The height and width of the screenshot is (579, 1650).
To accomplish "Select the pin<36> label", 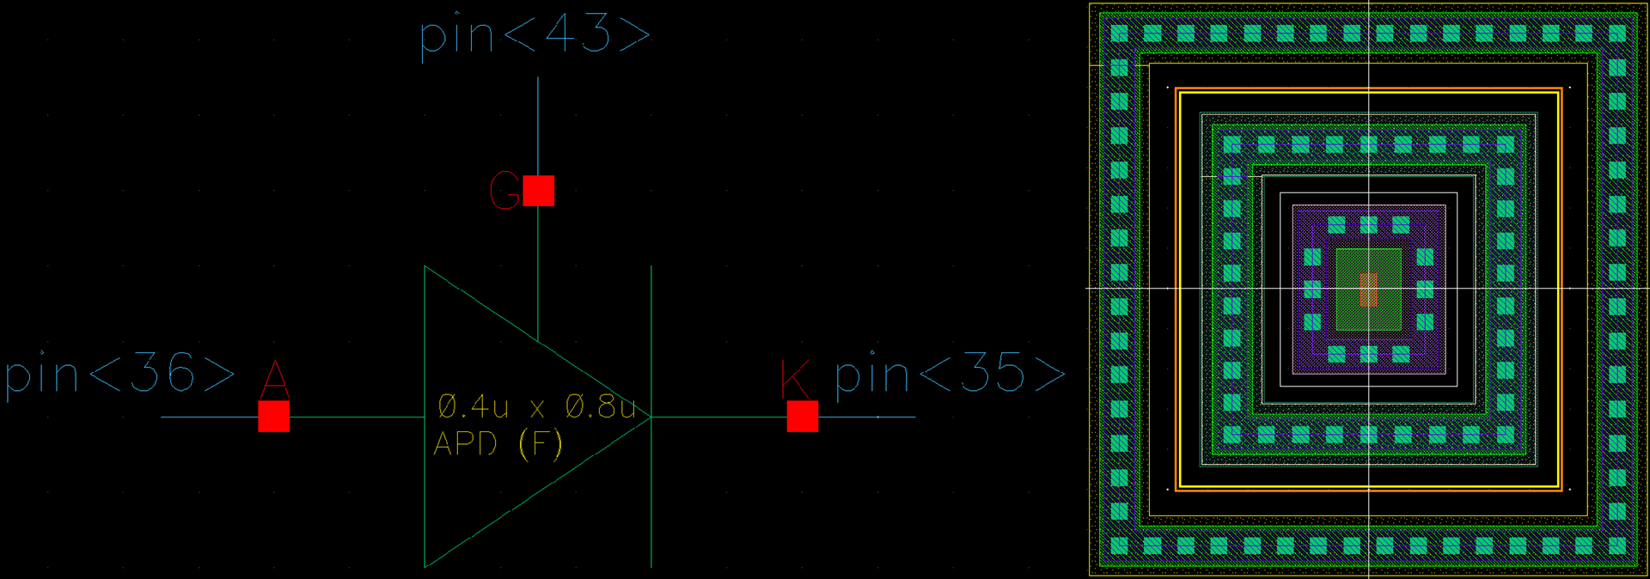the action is [119, 375].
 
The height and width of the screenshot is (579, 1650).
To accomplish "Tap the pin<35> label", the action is [950, 374].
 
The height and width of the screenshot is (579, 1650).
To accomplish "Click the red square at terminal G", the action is [539, 191].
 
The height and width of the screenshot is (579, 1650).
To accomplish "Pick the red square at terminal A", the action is [274, 417].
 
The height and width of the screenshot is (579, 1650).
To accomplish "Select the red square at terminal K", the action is [803, 417].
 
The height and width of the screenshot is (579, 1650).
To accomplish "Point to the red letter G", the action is [504, 191].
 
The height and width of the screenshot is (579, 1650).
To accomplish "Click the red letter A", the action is [274, 379].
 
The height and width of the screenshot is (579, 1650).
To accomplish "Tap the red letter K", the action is [795, 379].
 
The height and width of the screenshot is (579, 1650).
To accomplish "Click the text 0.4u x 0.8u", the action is [537, 405].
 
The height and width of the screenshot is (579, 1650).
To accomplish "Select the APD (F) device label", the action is [498, 444].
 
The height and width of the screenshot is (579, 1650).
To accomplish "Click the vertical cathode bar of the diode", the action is [651, 417].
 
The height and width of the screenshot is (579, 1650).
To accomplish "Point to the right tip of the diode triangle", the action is [651, 417].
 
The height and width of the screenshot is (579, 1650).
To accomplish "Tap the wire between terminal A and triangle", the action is [357, 417].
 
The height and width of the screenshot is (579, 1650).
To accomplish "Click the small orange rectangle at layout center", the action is [1369, 289].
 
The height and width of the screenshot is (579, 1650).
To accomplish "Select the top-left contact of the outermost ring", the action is [1119, 34].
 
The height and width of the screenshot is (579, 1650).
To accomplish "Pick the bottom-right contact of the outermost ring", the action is [1617, 545].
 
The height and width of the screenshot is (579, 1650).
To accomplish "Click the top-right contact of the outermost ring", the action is [1617, 34].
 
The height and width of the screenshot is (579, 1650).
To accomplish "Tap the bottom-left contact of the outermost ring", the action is [1119, 545].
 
